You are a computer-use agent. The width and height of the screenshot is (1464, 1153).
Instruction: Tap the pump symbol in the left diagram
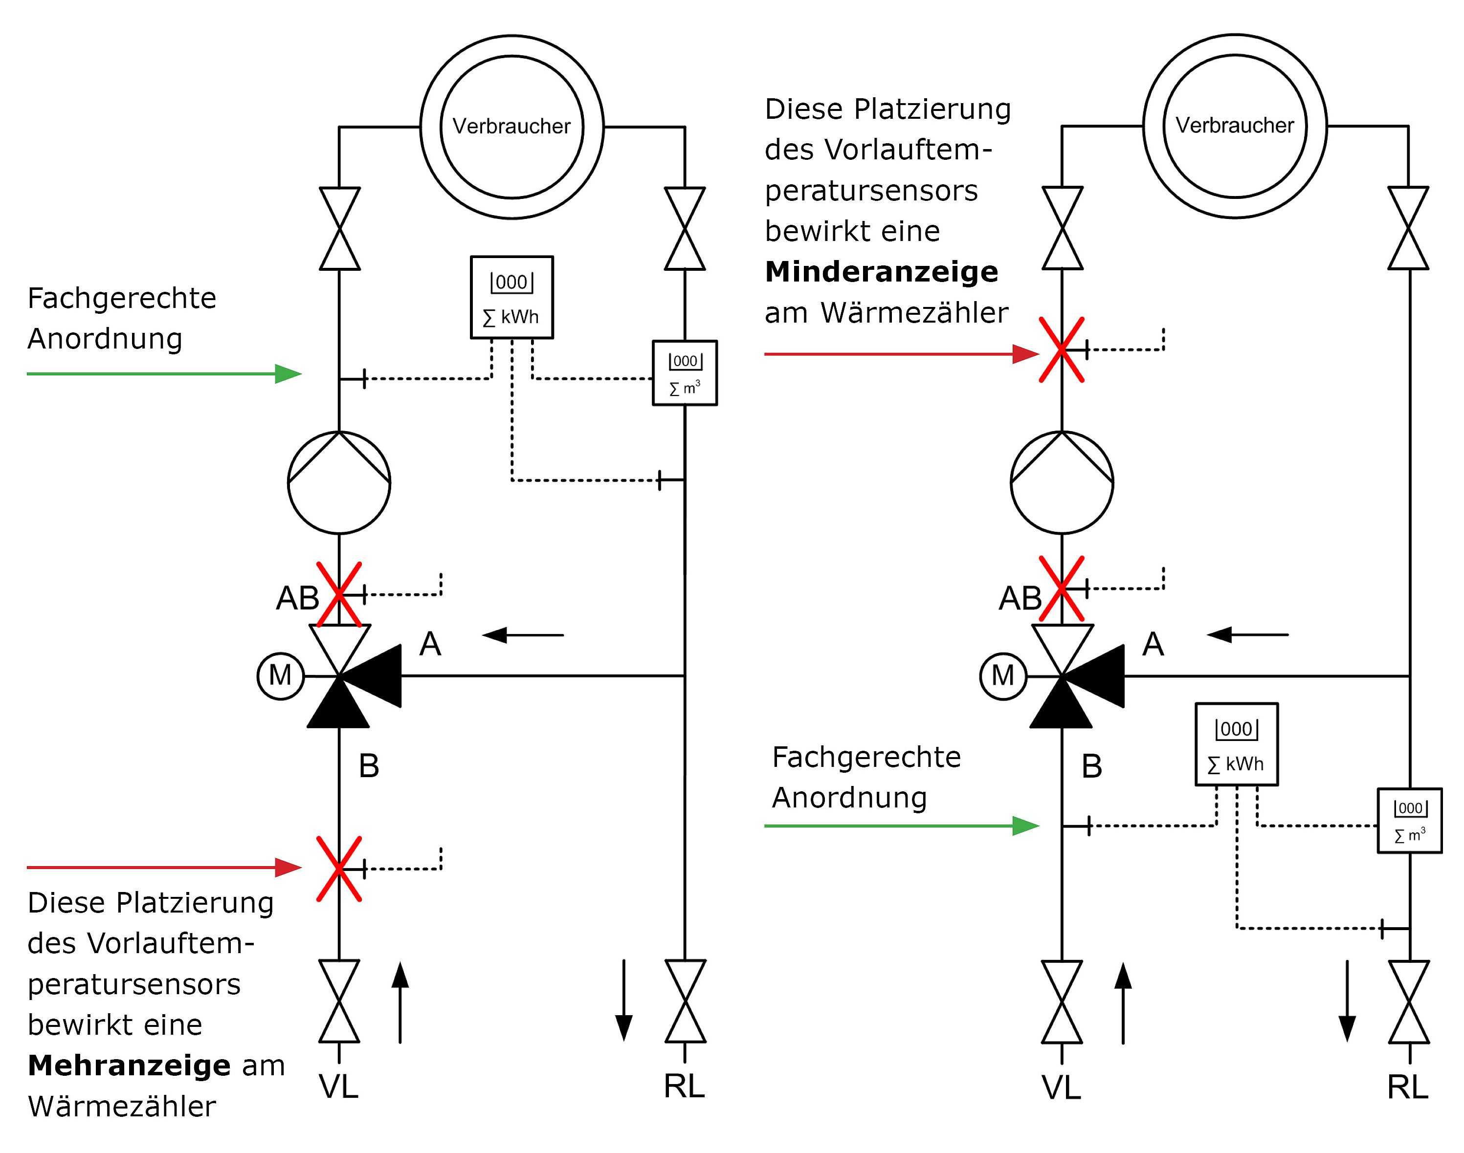tap(339, 483)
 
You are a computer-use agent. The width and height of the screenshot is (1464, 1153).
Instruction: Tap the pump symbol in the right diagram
tap(1062, 483)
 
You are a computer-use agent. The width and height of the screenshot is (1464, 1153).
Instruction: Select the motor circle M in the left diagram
tap(280, 676)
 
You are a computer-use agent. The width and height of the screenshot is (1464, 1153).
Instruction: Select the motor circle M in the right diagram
tap(1003, 676)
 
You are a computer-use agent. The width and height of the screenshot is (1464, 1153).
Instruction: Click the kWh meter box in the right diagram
tap(1237, 744)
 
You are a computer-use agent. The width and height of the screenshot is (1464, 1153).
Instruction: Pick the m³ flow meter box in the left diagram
tap(684, 372)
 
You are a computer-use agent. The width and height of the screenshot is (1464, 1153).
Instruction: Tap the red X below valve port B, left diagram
tap(339, 869)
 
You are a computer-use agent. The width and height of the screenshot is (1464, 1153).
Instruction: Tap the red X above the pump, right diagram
tap(1062, 349)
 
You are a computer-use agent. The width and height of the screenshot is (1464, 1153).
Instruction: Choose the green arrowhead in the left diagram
tap(288, 373)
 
